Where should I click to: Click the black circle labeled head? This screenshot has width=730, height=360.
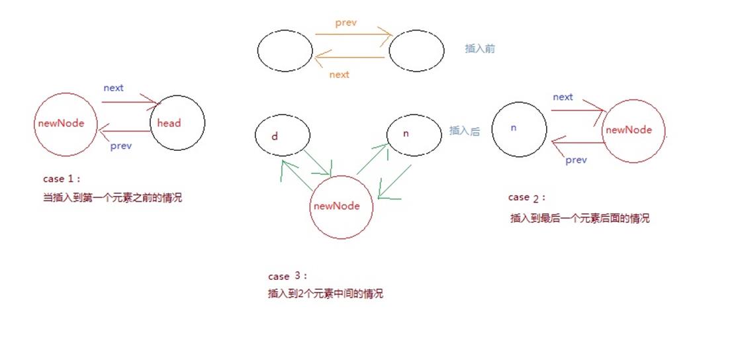(177, 122)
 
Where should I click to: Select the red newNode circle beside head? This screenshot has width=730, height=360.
(65, 124)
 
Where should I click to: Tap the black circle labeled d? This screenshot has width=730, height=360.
(283, 136)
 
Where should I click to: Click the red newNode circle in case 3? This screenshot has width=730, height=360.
(342, 206)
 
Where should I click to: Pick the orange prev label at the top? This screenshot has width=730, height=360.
(345, 23)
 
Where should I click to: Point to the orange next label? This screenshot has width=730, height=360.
(339, 75)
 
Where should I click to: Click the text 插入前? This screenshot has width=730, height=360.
(480, 49)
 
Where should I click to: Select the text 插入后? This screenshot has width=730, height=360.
(464, 131)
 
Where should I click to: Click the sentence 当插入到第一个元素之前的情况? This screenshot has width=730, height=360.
(112, 198)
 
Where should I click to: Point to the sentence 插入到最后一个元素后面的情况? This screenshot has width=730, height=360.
(580, 218)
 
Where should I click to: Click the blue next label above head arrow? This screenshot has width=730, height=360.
(113, 88)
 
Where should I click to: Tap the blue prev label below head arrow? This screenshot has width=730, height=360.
(120, 146)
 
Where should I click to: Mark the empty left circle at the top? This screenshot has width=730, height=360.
(285, 51)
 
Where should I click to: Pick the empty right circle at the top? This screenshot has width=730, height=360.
(416, 51)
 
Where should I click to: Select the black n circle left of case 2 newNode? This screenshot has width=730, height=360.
(520, 129)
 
